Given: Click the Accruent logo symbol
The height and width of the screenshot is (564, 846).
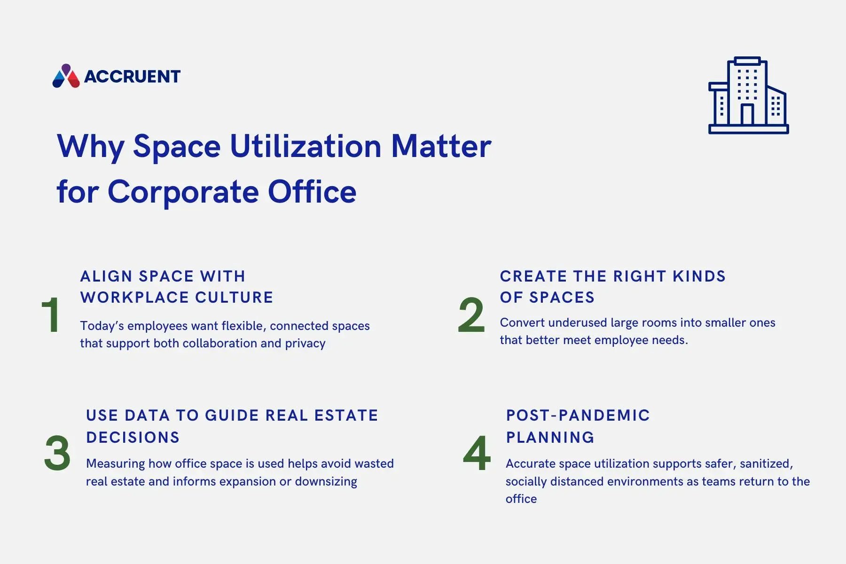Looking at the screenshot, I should coord(66,77).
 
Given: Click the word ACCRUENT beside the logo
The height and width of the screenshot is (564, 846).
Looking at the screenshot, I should coord(132,77).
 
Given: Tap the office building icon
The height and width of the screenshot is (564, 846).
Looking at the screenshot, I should coord(748,96).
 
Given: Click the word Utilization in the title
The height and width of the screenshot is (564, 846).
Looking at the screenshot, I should coord(305,146).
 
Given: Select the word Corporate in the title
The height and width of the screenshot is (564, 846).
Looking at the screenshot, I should coord(183,192).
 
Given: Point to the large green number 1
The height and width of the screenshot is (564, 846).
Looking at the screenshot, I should coord(50,315).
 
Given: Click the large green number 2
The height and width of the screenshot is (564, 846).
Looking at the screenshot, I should coord(471,315).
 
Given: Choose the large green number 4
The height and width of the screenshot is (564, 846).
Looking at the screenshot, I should coord(477,454).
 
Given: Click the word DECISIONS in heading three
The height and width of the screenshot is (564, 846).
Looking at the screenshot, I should coord(133,438).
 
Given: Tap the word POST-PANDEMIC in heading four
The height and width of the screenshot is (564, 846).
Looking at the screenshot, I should coord(578,415).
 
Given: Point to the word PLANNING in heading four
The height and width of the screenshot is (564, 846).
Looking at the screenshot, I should coord(550,438).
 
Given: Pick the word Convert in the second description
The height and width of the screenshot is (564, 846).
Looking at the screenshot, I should coord(519,323).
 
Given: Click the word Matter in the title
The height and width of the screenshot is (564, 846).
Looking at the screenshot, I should coord(441,146).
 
